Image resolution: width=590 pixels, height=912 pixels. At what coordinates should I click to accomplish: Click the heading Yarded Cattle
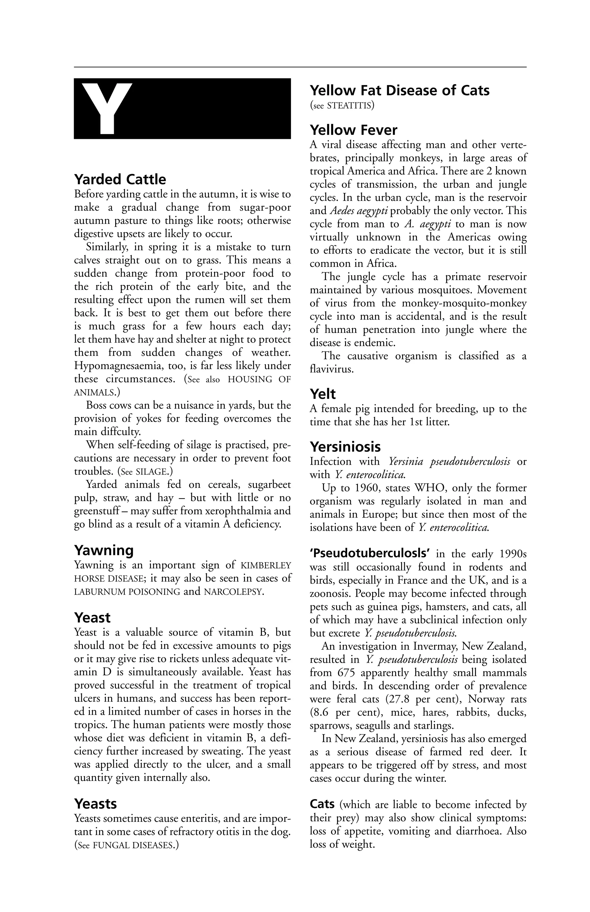(120, 179)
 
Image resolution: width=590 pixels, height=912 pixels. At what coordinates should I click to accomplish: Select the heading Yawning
(104, 550)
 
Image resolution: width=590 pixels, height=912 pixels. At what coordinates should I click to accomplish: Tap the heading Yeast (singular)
(92, 618)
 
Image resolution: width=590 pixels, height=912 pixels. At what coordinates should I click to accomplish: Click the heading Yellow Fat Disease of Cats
(399, 90)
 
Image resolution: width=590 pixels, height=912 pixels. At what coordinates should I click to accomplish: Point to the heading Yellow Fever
(353, 130)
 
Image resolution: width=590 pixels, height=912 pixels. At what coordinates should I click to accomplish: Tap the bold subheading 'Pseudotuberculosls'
(370, 554)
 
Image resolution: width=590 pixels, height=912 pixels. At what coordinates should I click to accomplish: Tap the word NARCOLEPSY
(233, 592)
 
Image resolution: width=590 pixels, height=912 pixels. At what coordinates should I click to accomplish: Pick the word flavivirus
(331, 369)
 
